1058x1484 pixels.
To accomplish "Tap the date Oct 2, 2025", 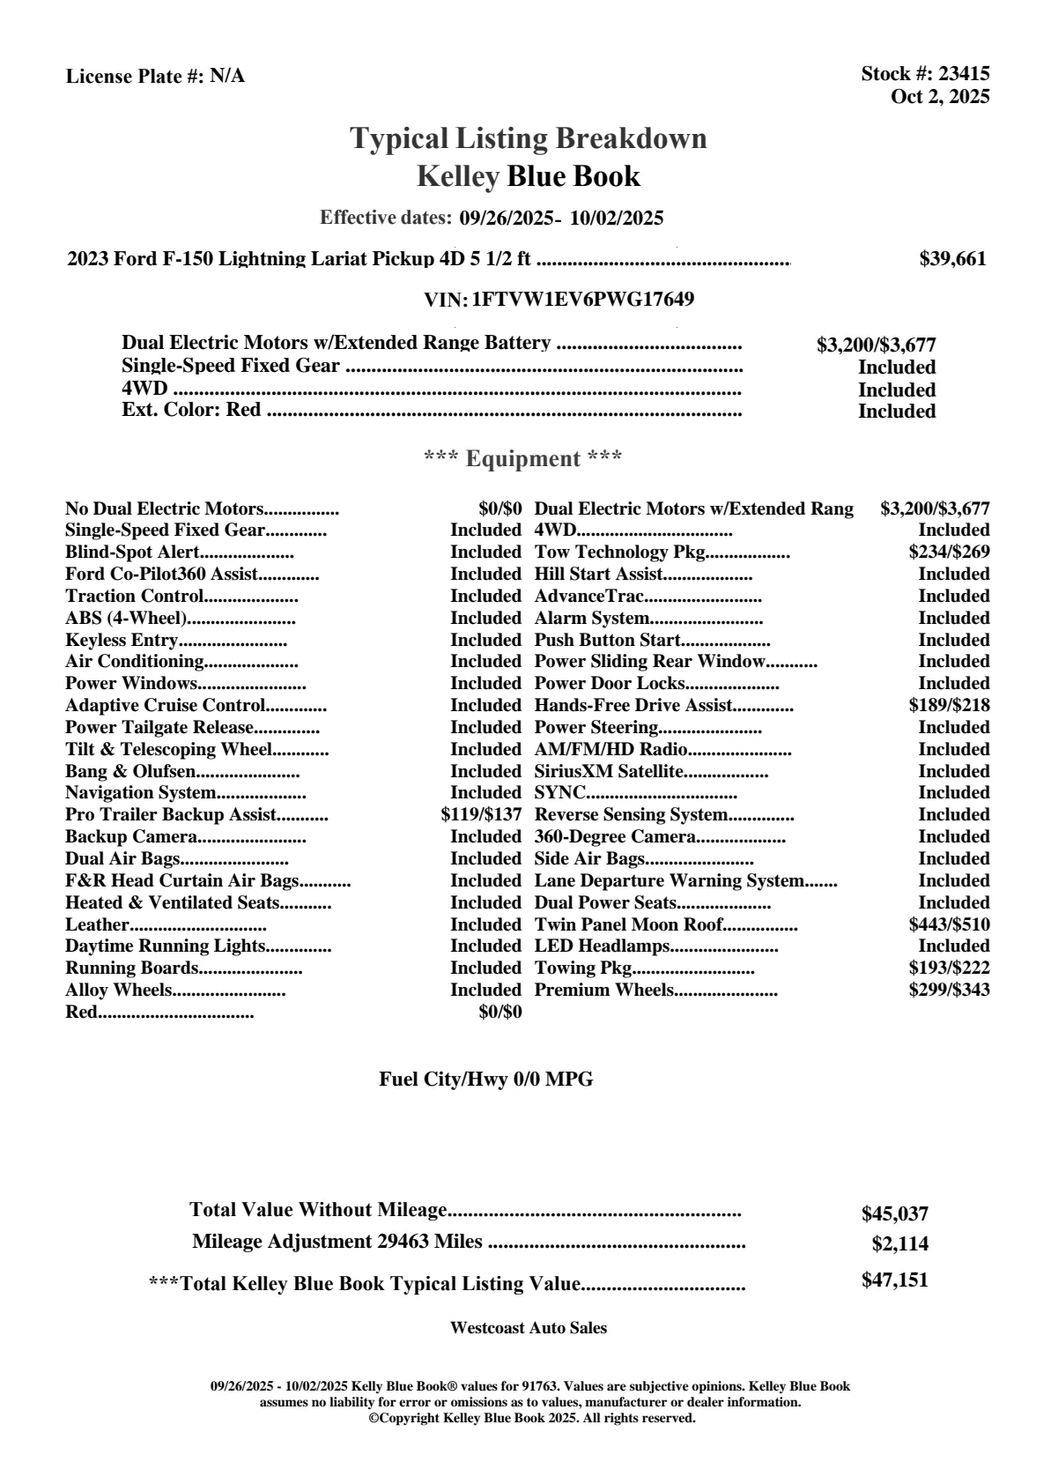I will tap(940, 97).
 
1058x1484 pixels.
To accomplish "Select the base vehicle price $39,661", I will tap(952, 259).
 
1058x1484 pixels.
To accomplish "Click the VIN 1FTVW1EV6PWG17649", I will tap(582, 300).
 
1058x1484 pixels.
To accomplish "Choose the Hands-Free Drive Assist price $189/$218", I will tap(949, 706).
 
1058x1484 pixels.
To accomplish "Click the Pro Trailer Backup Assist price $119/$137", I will tap(481, 815).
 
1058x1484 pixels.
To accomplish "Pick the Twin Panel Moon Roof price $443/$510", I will tap(949, 925).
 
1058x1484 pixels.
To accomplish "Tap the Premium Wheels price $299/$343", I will tap(949, 991).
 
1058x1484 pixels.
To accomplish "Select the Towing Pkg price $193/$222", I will tap(949, 968).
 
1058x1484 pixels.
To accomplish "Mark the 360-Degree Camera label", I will tap(615, 837).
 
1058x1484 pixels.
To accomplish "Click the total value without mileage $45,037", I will tap(894, 1214).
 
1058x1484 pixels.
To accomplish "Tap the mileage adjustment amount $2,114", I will tap(899, 1244).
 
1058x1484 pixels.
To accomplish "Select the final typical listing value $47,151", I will tap(894, 1280).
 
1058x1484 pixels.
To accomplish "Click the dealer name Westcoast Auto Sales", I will tap(528, 1328).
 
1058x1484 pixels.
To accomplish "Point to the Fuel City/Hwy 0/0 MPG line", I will tap(485, 1080).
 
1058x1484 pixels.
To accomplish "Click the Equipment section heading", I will tap(522, 459).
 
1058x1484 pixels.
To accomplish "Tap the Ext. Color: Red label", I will tap(191, 410).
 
